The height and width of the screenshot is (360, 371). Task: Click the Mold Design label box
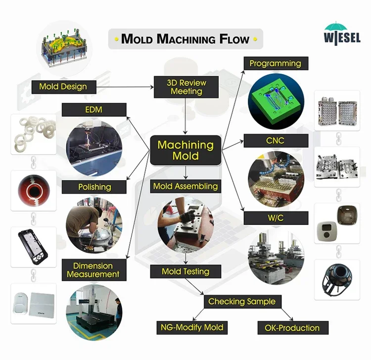click(63, 87)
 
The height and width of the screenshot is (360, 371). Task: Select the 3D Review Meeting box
click(186, 87)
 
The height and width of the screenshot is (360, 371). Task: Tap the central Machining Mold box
click(185, 151)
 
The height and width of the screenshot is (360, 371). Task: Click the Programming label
click(275, 63)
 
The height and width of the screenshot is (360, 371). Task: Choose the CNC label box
click(275, 141)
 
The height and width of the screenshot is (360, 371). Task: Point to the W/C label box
click(275, 216)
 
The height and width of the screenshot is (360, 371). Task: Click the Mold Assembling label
click(185, 187)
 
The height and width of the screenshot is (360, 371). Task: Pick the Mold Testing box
click(185, 271)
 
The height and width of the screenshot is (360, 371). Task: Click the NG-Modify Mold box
click(192, 327)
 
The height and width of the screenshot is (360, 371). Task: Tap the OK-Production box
click(292, 328)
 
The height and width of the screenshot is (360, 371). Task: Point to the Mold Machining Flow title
click(185, 39)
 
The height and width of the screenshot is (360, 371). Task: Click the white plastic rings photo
click(34, 134)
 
